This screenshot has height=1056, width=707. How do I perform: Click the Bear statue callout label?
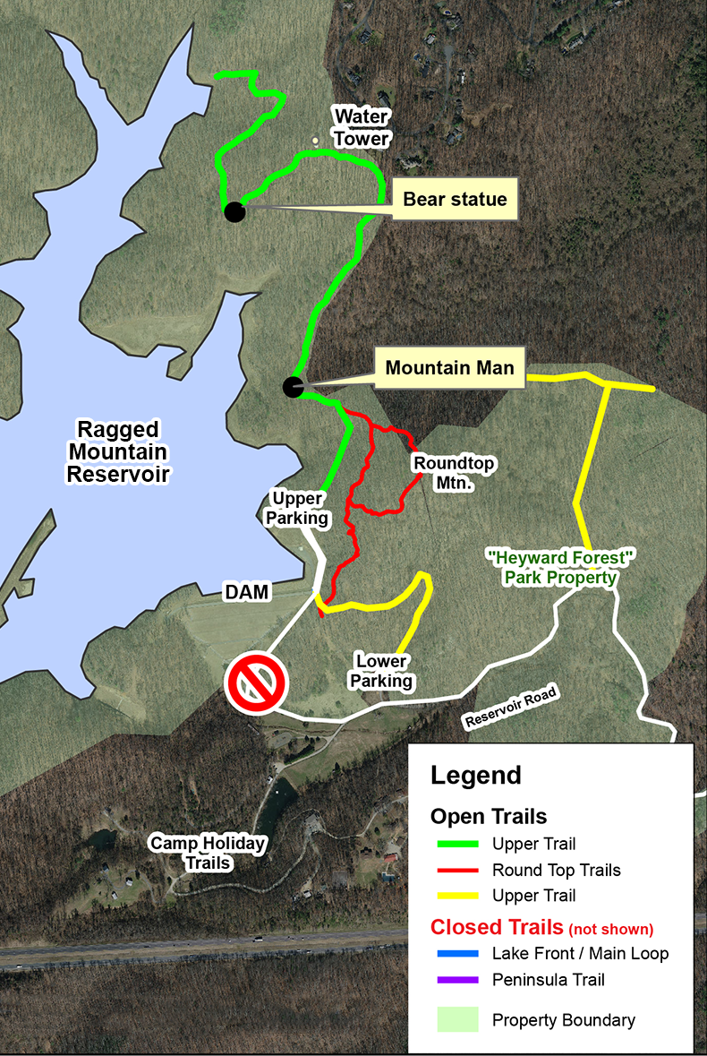pos(455,200)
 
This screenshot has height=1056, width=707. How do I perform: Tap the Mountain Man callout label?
pos(449,367)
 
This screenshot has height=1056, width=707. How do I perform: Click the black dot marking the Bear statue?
pos(234,211)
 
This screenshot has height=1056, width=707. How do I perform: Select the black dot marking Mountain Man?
pos(293,387)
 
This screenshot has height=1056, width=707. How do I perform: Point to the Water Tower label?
pos(362,127)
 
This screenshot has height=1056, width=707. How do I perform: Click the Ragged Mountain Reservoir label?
pos(117,451)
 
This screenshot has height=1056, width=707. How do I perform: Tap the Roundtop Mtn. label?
pos(453,472)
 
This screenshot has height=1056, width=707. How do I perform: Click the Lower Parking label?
pos(381,671)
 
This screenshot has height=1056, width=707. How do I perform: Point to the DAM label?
pos(245,592)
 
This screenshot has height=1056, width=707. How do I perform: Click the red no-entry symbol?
pos(258,683)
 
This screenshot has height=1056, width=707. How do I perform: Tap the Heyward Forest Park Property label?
pos(560,568)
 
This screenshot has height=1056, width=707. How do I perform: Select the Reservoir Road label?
pos(511,708)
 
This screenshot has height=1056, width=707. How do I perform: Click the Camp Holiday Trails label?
pos(208,853)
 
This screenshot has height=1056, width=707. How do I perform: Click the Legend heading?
pos(475,775)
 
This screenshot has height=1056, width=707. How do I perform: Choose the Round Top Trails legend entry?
pos(556,870)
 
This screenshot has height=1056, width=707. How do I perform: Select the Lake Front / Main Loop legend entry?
pos(580,954)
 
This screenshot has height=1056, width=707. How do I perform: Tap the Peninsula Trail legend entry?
pos(548,980)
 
